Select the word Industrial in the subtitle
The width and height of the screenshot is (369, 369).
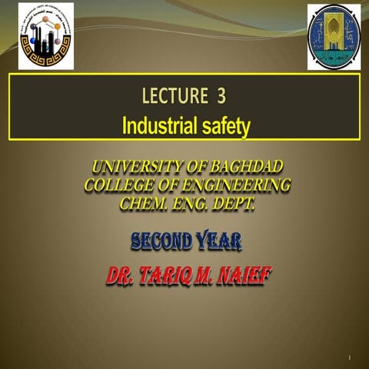pyautogui.click(x=160, y=124)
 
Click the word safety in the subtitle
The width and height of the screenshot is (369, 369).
pyautogui.click(x=224, y=124)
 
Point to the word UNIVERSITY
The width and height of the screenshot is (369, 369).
pyautogui.click(x=131, y=167)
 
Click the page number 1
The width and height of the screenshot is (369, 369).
pyautogui.click(x=349, y=358)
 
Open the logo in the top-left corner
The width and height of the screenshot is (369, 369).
pyautogui.click(x=46, y=35)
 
